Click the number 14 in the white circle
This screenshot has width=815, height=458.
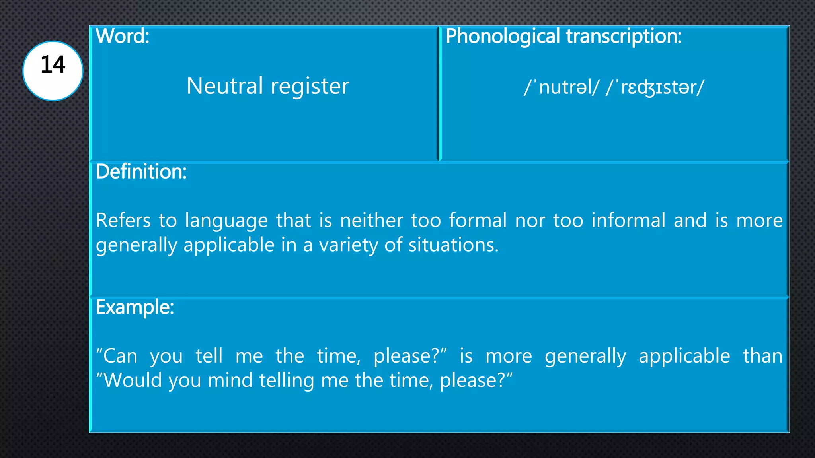coord(53,65)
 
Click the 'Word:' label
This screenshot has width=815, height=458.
coord(123,36)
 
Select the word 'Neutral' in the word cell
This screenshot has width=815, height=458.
coord(225,86)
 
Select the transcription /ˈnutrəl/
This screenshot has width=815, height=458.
coord(561,87)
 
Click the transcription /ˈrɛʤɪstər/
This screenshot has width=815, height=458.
coord(655,87)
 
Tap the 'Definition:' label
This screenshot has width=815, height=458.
coord(141,172)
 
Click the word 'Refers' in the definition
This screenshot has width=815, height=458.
coord(123,220)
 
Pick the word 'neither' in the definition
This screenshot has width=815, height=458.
coord(371,220)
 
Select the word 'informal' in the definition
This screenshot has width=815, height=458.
coord(628,220)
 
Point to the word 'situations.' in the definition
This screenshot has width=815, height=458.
coord(453,245)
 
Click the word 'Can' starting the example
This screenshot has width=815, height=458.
coord(120,356)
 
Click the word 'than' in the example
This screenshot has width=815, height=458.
coord(762,356)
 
